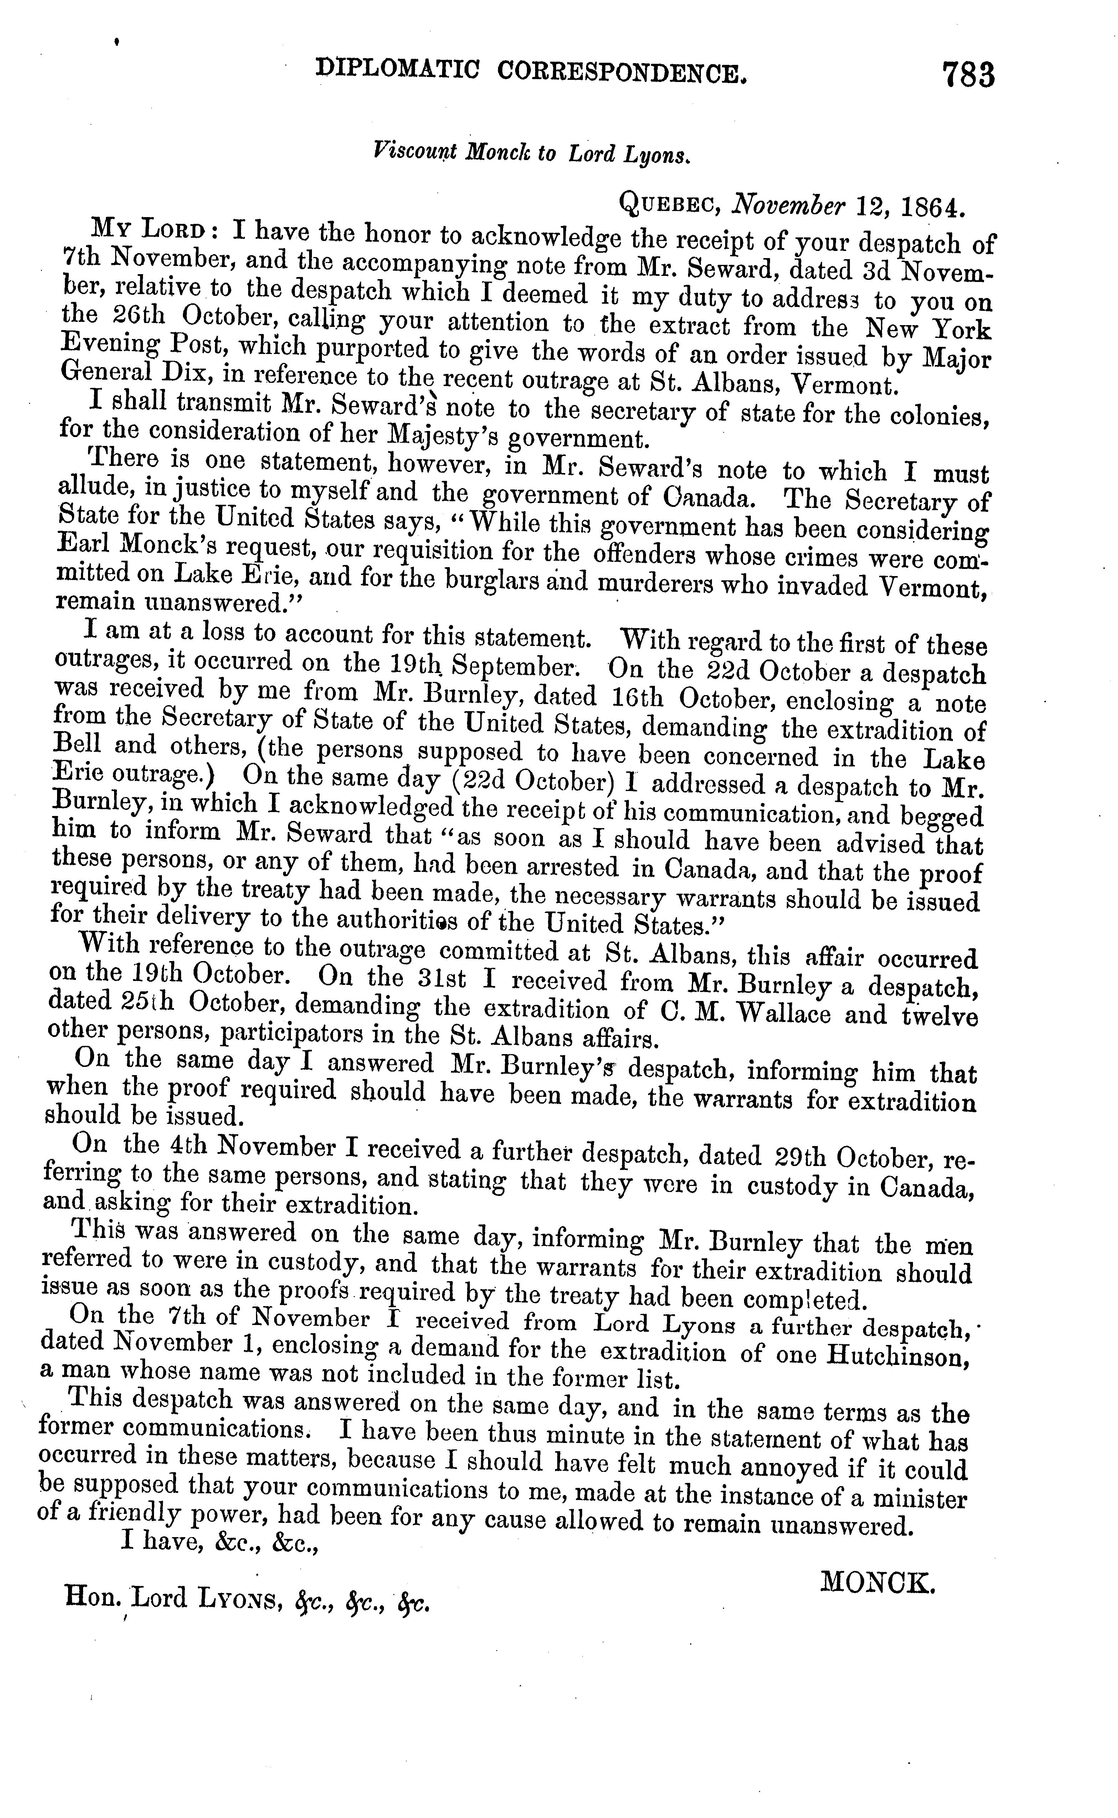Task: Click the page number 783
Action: click(x=969, y=76)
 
